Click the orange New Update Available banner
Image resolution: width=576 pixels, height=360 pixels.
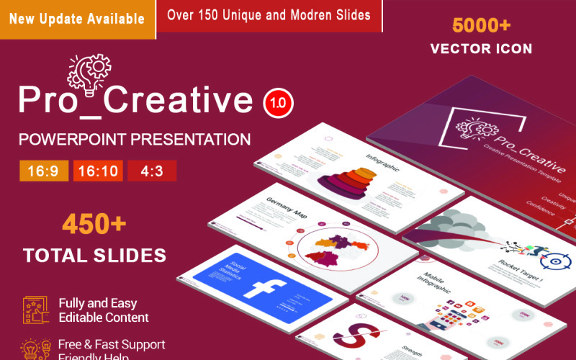pos(78,19)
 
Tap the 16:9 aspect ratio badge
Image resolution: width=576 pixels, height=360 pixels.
pos(45,171)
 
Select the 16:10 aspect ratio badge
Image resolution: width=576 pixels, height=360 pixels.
pos(98,171)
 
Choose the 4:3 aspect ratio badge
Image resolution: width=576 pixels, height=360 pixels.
pos(152,171)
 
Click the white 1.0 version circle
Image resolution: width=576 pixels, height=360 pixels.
pos(278,103)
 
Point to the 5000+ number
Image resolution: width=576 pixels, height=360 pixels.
pos(481,26)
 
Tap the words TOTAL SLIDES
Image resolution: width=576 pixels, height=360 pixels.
pos(94,255)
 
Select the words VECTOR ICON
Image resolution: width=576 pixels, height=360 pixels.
pos(481,49)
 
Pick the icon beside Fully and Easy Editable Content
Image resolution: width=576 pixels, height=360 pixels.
pos(35,310)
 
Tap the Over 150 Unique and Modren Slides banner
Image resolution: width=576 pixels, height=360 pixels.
pos(269,14)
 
